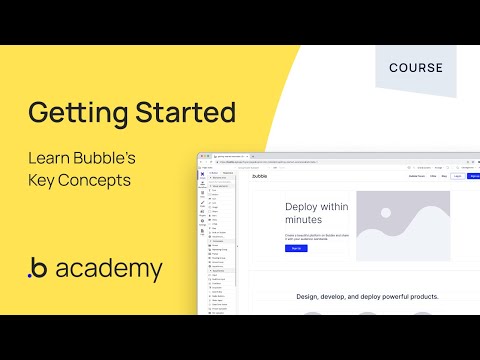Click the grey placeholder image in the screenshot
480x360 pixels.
pos(403,225)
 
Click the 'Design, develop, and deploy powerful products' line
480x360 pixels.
pos(367,296)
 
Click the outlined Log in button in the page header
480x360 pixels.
pos(458,176)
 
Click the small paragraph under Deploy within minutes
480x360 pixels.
pos(317,236)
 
